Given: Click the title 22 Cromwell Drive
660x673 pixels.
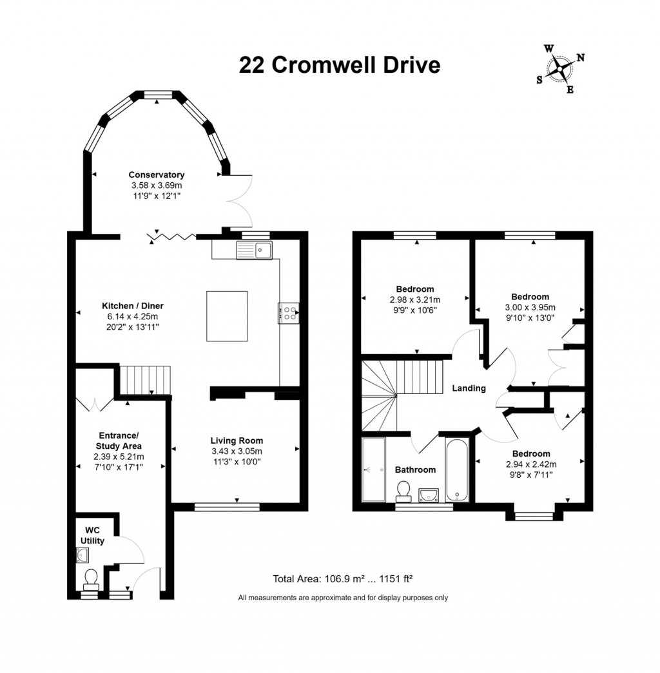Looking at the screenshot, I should point(340,65).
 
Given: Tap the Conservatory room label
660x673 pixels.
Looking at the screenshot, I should point(156,175).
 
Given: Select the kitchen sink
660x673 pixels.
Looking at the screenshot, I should point(255,249).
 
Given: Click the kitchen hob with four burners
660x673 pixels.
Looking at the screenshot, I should point(289,314).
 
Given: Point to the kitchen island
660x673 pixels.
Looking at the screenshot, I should point(227,316).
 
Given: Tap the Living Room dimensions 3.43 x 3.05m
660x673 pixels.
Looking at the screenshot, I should point(236,451).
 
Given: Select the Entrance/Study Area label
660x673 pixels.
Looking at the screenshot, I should point(119,441).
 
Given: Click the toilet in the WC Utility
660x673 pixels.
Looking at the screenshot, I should point(90,578).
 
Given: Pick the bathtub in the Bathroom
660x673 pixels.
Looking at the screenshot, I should point(458,469).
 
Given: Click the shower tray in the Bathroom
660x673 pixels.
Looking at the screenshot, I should point(373,469).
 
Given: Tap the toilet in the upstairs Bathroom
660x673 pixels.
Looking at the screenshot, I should point(404,490).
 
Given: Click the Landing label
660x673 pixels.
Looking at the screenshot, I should point(469,388).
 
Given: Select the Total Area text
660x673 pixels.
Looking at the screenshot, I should point(342,578).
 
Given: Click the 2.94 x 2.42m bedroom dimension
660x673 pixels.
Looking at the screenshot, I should point(532,464).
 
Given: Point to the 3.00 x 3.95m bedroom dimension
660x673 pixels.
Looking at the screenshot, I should point(530,307).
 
